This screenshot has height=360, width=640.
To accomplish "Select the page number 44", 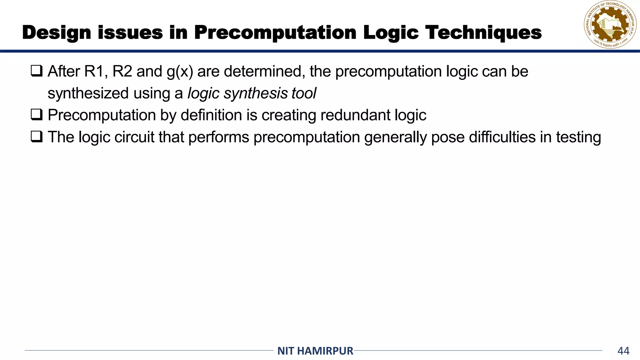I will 623,351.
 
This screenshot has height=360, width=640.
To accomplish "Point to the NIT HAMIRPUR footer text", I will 315,351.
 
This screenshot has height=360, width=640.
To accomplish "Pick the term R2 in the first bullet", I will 122,72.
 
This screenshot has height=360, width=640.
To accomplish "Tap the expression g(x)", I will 180,72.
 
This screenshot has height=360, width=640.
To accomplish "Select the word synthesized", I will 88,93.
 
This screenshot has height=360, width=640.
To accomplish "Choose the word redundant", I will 355,115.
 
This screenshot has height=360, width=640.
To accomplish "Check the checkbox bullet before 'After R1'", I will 37,71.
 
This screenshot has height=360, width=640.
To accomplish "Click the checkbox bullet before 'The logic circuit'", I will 37,137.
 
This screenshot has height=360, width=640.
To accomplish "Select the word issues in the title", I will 130,33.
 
